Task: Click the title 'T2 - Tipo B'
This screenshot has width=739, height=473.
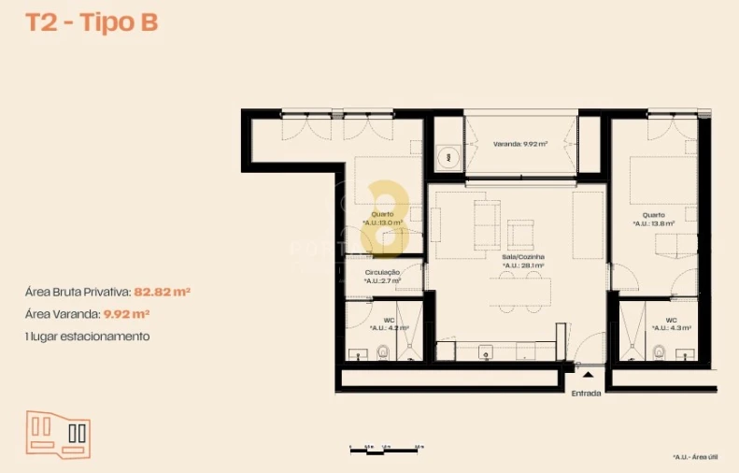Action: pos(92,23)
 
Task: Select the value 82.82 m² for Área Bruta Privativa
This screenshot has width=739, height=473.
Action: pos(163,292)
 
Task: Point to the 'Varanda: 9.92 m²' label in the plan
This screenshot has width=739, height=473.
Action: pos(520,144)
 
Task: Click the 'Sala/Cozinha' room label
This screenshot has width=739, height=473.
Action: pos(522,256)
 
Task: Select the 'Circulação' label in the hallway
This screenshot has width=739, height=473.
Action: pos(383,272)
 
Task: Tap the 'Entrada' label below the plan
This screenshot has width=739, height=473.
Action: pos(587,393)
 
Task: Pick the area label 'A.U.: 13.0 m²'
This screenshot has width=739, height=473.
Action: pos(382,222)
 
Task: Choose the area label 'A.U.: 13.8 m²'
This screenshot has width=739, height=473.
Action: pos(653,223)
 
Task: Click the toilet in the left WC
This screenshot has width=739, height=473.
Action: pos(382,351)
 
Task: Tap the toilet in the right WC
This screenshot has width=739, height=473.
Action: pos(660,351)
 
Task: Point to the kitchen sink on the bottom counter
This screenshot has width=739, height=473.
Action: pos(486,352)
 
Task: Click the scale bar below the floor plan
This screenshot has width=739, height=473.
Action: pos(383,450)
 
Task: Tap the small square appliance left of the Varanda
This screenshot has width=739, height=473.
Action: pos(448,156)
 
